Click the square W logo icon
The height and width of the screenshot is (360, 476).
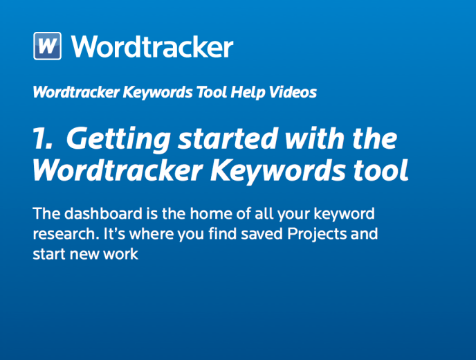[x=47, y=46]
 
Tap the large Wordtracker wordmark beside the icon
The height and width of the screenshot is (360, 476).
[x=152, y=46]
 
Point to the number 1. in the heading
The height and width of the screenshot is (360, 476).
[x=43, y=138]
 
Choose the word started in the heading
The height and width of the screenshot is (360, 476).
[x=228, y=138]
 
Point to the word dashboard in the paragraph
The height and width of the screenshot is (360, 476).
[x=103, y=213]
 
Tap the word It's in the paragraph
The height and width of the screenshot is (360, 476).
[x=114, y=233]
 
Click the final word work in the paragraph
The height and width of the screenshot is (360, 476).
[x=121, y=254]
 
